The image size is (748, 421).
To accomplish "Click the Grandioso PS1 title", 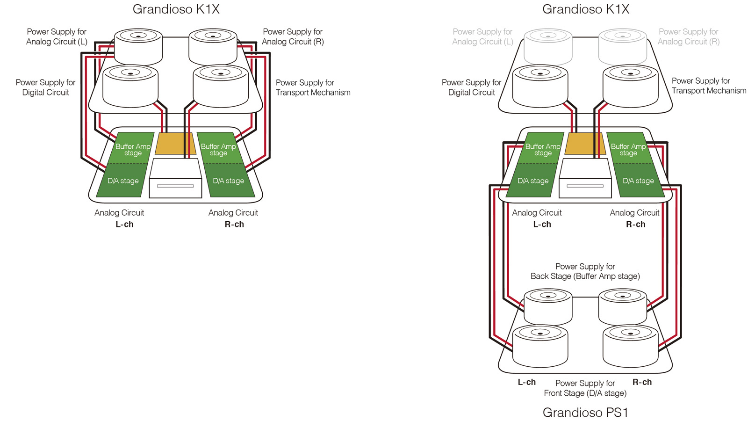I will point(585,412).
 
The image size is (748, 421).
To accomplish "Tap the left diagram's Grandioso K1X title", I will point(176,9).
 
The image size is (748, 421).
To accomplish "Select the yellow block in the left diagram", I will point(175,143).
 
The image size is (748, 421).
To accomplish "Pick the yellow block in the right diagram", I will point(585,143).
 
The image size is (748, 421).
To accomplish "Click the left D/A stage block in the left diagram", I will point(122,181).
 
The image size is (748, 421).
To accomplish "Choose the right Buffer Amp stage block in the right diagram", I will point(628,149).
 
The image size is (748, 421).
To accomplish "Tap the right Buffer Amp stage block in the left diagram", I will point(218,149).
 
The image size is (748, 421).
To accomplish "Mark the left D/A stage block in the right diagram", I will point(532,181).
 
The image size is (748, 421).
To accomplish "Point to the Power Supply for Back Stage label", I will point(585,271).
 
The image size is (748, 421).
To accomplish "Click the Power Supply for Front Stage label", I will point(585,388).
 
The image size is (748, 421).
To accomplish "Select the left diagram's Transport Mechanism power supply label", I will point(313,87).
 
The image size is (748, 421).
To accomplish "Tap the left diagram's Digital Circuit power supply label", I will point(45,87).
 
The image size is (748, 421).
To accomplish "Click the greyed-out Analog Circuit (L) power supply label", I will point(482,36).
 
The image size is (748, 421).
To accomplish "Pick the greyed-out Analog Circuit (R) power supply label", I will point(688,36).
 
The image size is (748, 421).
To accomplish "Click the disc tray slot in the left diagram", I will point(175,186).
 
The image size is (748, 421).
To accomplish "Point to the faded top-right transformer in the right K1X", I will point(622,47).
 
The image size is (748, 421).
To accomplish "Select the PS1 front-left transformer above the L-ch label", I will point(540,346).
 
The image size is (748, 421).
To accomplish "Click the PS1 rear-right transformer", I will point(622,306).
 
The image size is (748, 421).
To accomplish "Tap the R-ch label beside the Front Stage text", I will point(642,382).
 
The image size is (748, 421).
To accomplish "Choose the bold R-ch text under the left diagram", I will point(234,224).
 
